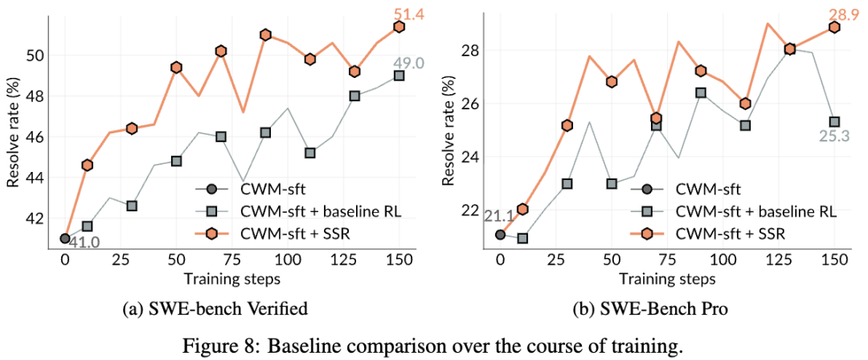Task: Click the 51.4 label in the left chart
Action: [x=399, y=13]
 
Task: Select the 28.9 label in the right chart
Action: [x=834, y=13]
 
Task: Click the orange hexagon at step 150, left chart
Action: [x=399, y=27]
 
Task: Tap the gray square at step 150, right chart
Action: [x=834, y=122]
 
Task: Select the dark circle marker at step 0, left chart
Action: [x=65, y=238]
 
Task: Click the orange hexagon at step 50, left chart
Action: [x=177, y=67]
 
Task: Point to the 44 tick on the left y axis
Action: [x=39, y=177]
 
